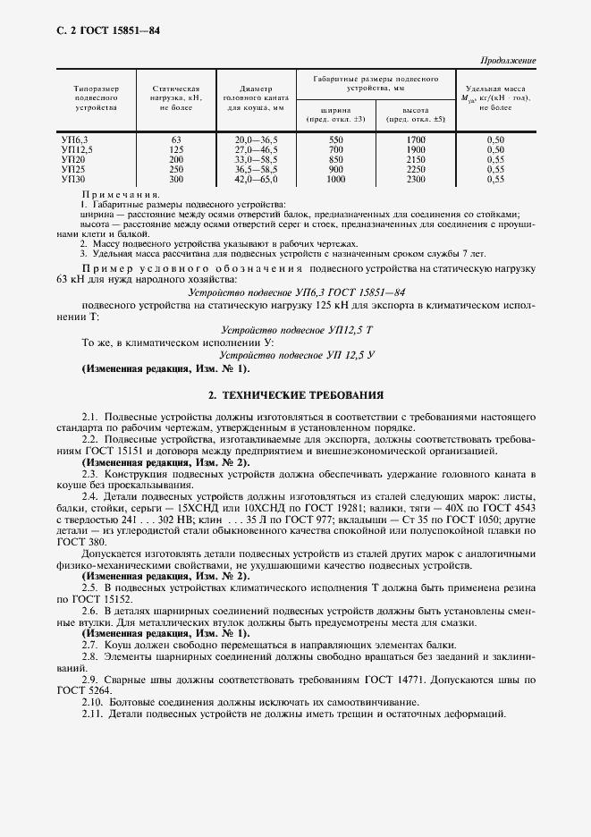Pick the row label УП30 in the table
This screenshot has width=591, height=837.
[72, 179]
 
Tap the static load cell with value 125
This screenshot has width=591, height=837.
[175, 150]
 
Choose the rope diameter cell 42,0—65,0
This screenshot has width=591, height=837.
[256, 179]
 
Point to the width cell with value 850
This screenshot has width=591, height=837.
[335, 159]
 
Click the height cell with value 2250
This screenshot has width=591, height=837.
[415, 169]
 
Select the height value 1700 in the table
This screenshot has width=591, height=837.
[415, 140]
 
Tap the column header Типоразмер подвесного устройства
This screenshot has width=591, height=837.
[89, 97]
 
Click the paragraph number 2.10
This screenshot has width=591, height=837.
[92, 702]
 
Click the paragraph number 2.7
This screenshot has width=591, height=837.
[89, 645]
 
